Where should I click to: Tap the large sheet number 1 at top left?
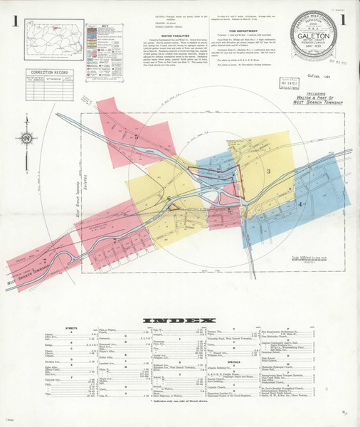click(x=15, y=20)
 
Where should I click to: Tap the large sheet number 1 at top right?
click(x=344, y=20)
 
